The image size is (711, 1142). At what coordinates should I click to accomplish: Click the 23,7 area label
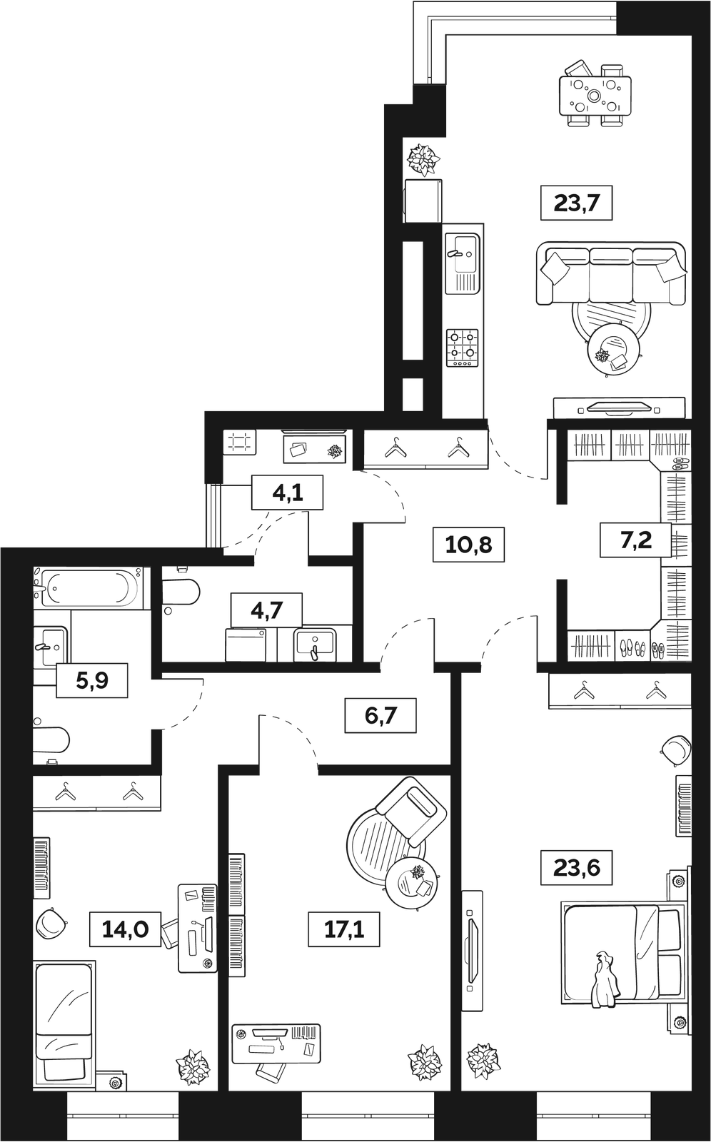coord(576,203)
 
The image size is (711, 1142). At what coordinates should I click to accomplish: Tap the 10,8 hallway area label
coord(468,545)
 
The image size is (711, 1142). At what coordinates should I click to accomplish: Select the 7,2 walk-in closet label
coord(636,540)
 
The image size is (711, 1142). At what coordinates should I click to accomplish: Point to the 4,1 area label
coord(287,492)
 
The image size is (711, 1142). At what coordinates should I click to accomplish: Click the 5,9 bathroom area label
coord(92,680)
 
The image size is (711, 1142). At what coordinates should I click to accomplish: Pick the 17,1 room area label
coord(344,929)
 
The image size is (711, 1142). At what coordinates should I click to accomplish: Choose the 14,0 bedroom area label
coord(126,929)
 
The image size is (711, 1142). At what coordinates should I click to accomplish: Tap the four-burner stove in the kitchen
coord(463,348)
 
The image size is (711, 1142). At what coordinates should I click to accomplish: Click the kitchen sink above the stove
coord(463,263)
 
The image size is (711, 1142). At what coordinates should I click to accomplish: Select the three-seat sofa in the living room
coord(611,273)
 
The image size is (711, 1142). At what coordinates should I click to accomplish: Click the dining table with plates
coord(595,96)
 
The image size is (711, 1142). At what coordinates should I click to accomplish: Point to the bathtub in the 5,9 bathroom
coord(89,587)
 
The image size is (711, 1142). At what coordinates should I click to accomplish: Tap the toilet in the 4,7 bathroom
coord(181,591)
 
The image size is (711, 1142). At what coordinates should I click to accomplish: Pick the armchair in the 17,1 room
coord(410,811)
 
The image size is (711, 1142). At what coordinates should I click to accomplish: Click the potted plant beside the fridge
coord(423,160)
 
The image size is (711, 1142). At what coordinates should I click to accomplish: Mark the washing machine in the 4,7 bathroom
coord(246,645)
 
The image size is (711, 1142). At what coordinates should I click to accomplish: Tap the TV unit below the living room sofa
coord(619,408)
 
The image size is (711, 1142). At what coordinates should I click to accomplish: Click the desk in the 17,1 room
coord(276,1043)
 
